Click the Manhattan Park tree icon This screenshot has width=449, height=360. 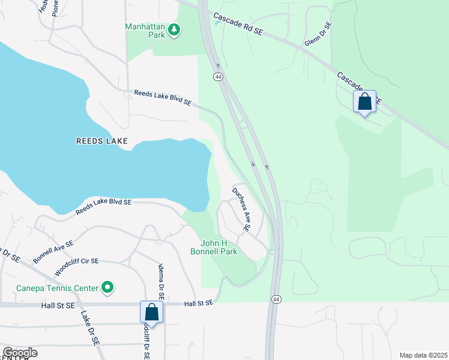coord(174,30)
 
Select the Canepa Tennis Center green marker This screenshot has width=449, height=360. coord(108,288)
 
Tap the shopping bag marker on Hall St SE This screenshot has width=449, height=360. coord(152,312)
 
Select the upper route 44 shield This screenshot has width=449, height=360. coord(217,77)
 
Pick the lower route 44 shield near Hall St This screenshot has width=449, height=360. coord(276,299)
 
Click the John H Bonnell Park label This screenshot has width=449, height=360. coord(219,247)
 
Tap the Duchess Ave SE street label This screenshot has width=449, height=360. coord(241,209)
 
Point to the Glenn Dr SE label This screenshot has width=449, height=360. coord(318,35)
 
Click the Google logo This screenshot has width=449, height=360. coord(20,353)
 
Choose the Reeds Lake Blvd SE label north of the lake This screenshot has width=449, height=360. coord(162,98)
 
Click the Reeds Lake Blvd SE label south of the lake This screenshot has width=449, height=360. coord(103,208)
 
